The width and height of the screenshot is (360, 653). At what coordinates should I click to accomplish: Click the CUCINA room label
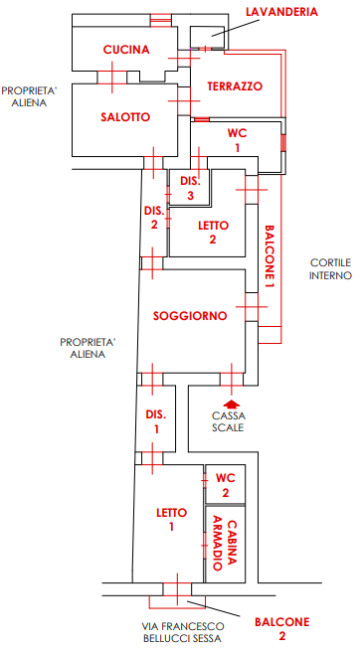point(126,50)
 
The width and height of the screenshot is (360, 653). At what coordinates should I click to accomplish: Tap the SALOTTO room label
point(125,117)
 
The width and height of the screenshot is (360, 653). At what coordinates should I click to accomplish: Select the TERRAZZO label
point(235,87)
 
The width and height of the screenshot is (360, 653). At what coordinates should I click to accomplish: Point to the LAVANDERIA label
point(281,11)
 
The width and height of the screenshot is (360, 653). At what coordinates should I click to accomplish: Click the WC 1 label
point(236,139)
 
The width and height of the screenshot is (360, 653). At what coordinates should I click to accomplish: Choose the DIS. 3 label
point(190,189)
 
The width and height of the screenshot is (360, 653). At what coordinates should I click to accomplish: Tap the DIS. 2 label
point(153,217)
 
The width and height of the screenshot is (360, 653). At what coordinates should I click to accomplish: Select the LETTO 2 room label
point(207,232)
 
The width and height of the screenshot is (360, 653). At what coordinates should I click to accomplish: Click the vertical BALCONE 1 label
point(269,256)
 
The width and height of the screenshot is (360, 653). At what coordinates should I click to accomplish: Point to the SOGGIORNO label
point(190,315)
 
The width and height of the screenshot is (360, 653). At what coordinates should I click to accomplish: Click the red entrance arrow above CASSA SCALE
point(232,404)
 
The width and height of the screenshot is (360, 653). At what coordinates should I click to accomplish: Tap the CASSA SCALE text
point(229,421)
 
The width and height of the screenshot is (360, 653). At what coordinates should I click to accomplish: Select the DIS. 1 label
point(154,421)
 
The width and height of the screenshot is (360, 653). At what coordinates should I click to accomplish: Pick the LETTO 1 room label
point(171,519)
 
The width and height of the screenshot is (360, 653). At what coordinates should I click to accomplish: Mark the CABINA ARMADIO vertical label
point(226,545)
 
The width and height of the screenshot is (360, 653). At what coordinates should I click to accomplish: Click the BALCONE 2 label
point(281,628)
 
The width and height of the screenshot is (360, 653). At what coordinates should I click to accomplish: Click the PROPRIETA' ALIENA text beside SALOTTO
point(29,95)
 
